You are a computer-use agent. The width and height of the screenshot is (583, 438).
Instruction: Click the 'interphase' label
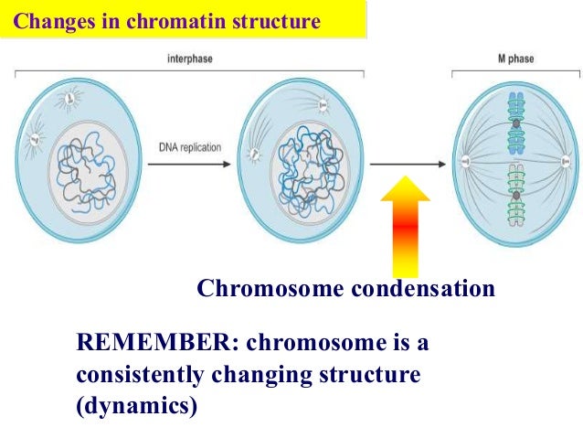point(189,61)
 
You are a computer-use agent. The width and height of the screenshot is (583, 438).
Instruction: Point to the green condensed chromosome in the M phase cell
point(517,196)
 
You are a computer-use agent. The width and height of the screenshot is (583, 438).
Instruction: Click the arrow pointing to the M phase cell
point(408,166)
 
